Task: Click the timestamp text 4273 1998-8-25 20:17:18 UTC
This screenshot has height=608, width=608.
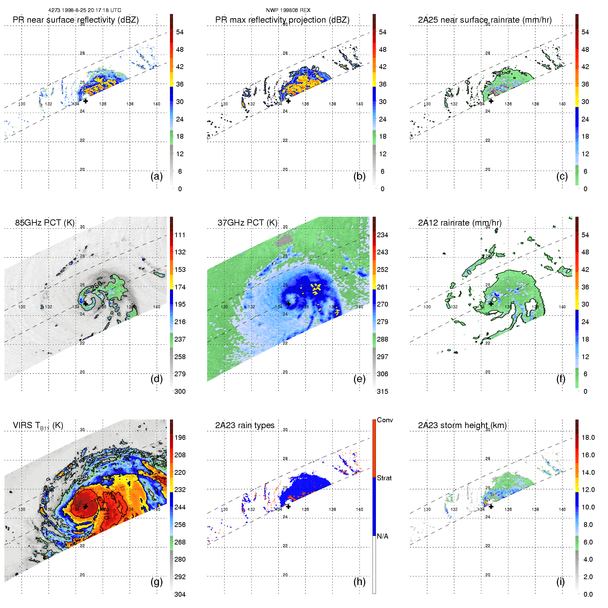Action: pyautogui.click(x=84, y=10)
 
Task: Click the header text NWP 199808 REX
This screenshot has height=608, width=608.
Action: pyautogui.click(x=288, y=10)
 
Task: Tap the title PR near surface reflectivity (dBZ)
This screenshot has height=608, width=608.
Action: pyautogui.click(x=76, y=20)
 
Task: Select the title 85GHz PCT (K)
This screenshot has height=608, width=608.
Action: pyautogui.click(x=45, y=223)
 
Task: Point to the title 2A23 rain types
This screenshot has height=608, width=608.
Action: pyautogui.click(x=245, y=425)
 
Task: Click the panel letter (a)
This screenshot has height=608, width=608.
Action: pyautogui.click(x=157, y=176)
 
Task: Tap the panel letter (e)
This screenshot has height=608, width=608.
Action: pyautogui.click(x=359, y=379)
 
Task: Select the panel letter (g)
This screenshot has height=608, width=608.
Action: pyautogui.click(x=157, y=582)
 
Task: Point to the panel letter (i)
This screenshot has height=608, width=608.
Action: pyautogui.click(x=560, y=582)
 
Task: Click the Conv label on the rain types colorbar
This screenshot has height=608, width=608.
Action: pyautogui.click(x=385, y=420)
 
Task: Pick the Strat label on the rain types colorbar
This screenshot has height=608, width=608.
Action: pyautogui.click(x=384, y=478)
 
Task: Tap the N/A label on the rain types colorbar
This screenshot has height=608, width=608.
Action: pyautogui.click(x=383, y=536)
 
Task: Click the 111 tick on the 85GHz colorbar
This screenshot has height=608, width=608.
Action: pyautogui.click(x=180, y=235)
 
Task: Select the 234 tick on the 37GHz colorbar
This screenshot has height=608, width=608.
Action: pyautogui.click(x=382, y=235)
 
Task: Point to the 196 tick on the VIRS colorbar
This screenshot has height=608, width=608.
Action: pyautogui.click(x=180, y=438)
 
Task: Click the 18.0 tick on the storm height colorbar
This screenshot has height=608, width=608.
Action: pyautogui.click(x=588, y=438)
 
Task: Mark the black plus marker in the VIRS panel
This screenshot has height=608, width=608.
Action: pyautogui.click(x=85, y=506)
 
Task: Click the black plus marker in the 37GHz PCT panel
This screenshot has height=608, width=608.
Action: pyautogui.click(x=288, y=304)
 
